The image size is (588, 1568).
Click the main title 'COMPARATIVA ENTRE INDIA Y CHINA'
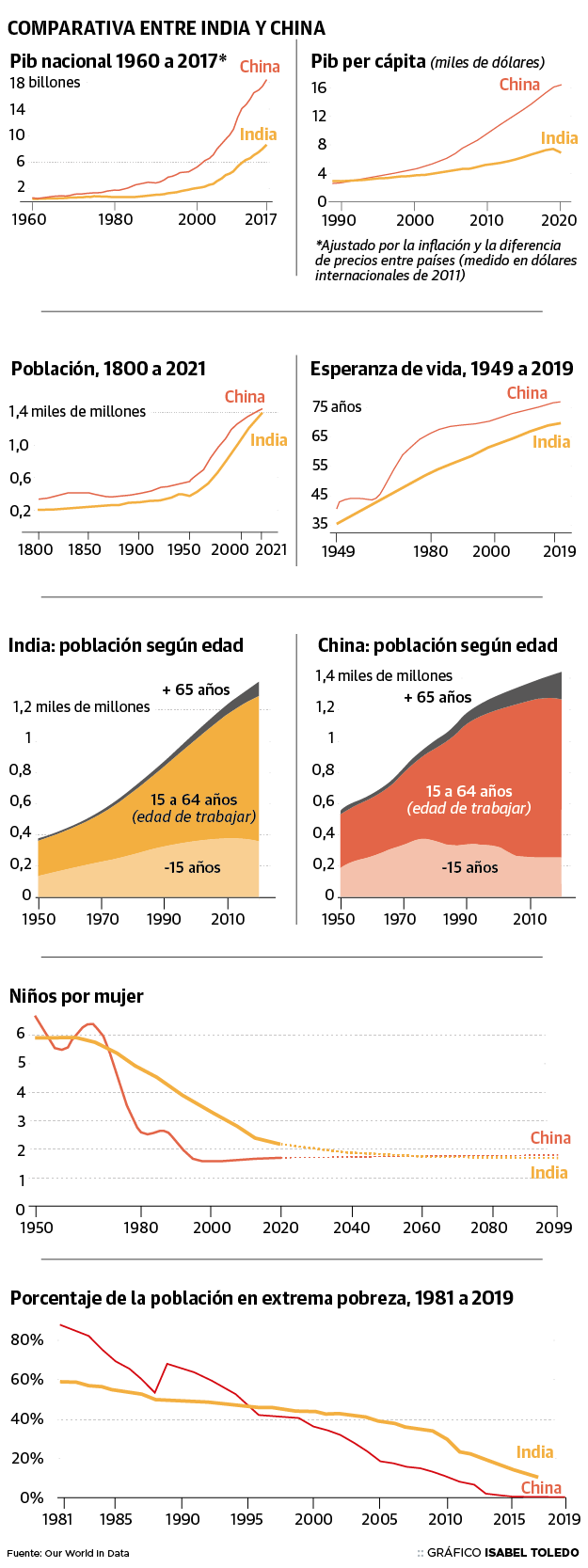[x=166, y=28]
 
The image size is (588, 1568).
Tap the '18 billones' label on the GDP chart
[x=45, y=83]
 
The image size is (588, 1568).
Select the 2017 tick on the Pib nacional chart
[x=262, y=219]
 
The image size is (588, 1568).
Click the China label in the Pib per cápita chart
[x=519, y=85]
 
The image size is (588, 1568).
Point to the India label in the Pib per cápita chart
[x=559, y=138]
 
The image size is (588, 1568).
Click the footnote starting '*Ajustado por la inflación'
[x=446, y=261]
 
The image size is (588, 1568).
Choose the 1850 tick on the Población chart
[x=84, y=548]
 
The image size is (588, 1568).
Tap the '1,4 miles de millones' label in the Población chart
[x=78, y=411]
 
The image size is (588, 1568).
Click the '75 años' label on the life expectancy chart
[x=337, y=406]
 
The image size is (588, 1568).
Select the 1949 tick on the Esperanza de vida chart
[x=338, y=550]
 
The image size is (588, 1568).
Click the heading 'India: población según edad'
[x=126, y=645]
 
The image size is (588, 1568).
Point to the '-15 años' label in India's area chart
[x=192, y=867]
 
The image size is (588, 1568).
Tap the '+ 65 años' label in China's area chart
[x=437, y=697]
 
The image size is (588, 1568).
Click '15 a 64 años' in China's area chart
[x=469, y=791]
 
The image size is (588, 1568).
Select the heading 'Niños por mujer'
[x=76, y=996]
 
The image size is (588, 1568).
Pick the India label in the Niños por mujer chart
[x=549, y=1172]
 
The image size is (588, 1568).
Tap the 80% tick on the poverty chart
[x=26, y=1338]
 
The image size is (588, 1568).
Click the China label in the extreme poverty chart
[x=541, y=1487]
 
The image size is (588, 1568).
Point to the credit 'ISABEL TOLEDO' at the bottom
[x=532, y=1552]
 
